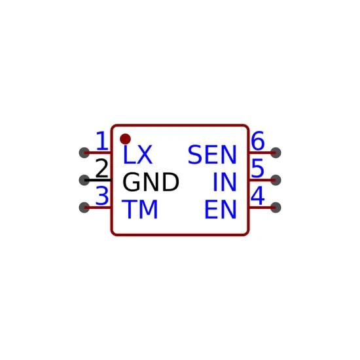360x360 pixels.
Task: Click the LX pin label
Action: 137,154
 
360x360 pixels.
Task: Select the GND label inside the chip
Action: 151,182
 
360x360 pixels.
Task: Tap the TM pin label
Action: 139,209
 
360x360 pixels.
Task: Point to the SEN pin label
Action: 212,154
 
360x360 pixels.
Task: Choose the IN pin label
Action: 225,182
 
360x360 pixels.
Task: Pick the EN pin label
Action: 221,209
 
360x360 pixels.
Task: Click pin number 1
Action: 102,141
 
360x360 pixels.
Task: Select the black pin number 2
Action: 101,168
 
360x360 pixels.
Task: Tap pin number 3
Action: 101,196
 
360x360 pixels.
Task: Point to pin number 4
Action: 258,196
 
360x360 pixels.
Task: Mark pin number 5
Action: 258,168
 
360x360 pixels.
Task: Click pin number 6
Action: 258,141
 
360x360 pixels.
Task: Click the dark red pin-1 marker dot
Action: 126,139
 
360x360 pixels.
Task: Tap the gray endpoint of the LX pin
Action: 84,153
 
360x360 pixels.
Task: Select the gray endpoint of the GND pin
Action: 84,180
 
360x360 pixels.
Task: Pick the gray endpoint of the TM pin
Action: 84,207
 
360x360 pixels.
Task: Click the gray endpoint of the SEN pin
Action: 276,153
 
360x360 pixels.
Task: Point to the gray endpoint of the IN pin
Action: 276,180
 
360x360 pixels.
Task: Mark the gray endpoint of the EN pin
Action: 276,207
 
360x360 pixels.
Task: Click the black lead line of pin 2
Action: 98,180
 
